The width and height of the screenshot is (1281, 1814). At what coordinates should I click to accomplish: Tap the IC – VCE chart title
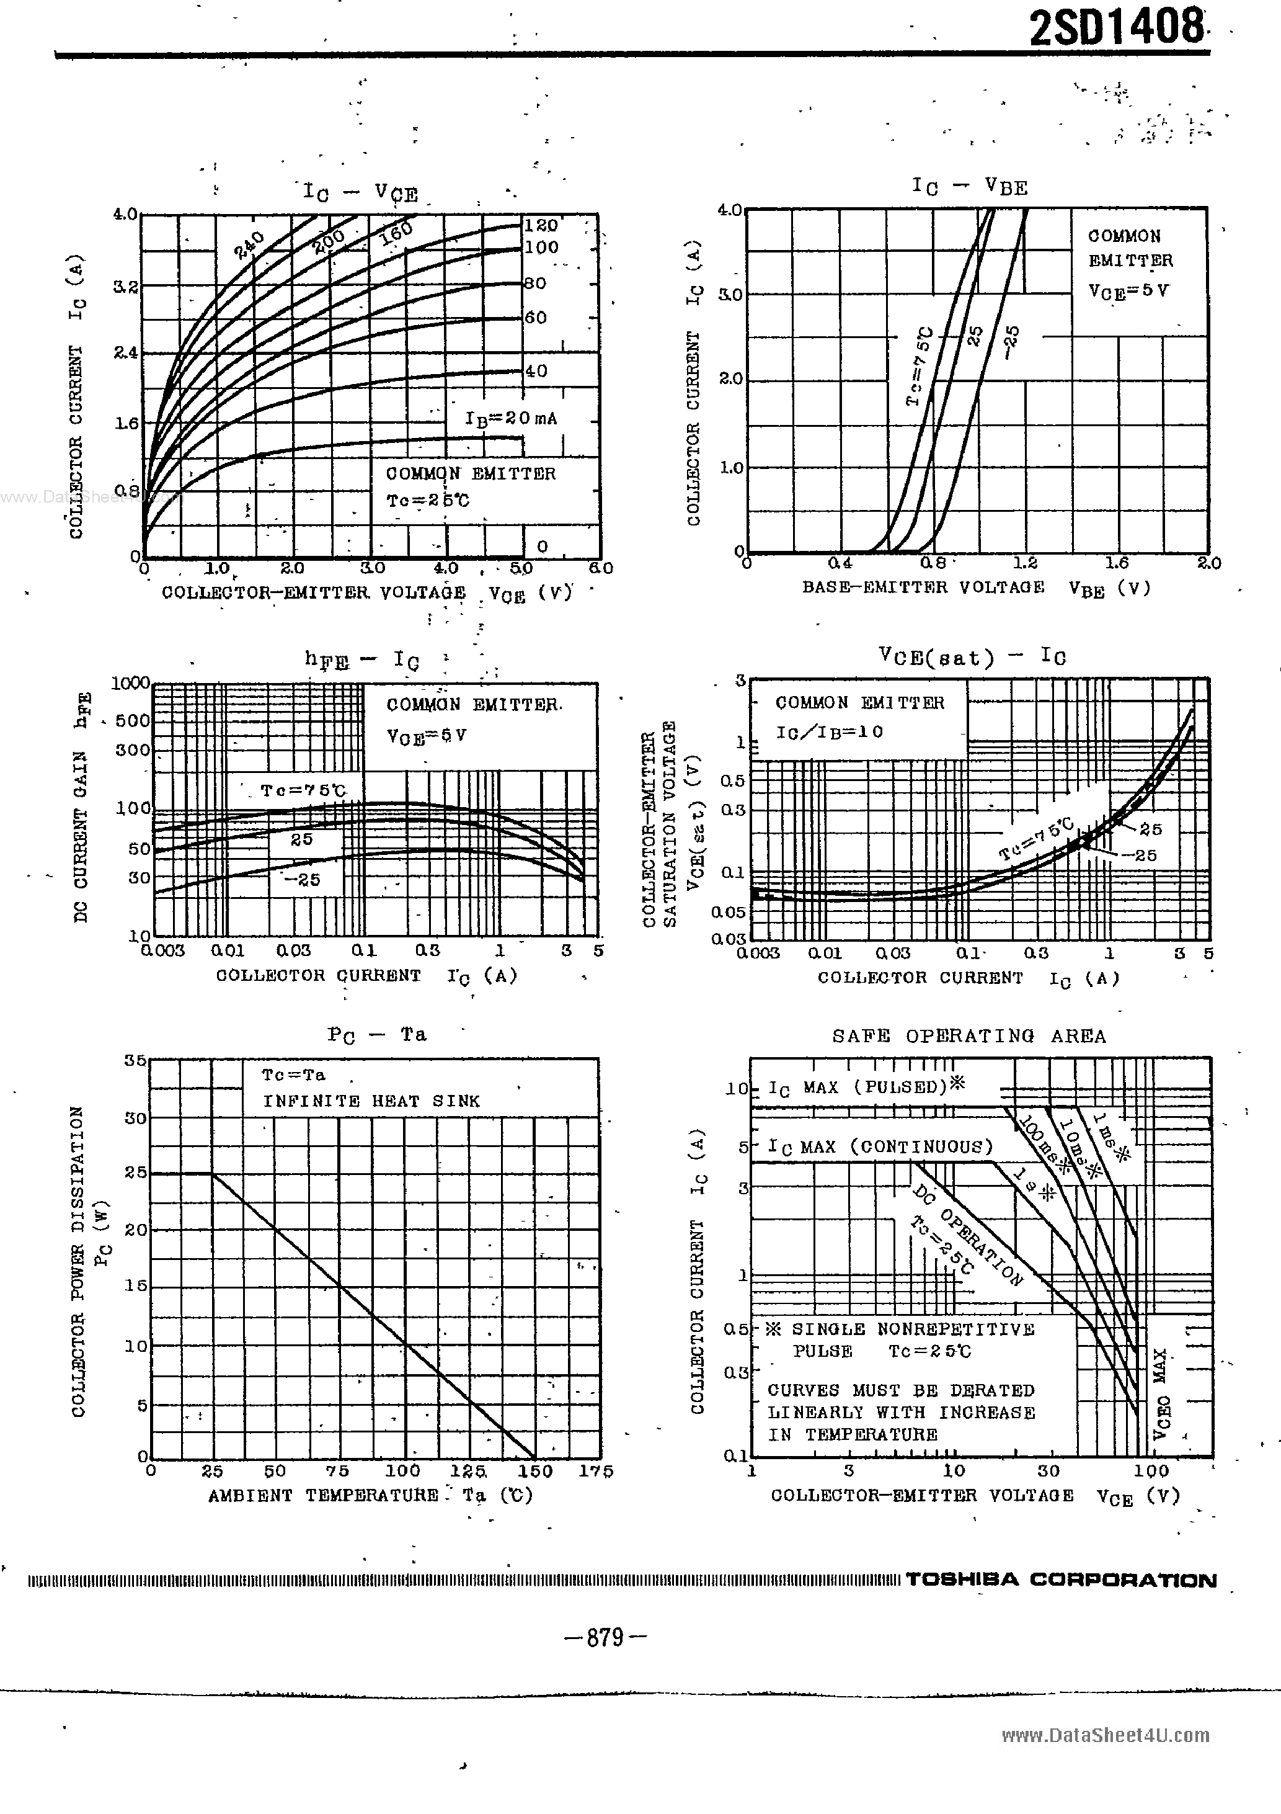360,192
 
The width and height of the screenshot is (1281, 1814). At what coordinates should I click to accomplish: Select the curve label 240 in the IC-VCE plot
250,246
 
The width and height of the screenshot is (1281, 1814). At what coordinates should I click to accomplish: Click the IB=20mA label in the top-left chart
511,418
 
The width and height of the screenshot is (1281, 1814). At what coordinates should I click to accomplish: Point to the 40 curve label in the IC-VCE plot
536,370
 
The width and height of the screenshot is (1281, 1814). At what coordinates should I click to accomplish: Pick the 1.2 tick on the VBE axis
1025,563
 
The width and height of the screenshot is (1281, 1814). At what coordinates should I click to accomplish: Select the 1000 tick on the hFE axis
131,682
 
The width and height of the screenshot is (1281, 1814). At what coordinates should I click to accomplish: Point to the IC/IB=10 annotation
829,731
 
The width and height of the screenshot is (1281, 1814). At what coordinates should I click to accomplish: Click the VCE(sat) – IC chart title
972,656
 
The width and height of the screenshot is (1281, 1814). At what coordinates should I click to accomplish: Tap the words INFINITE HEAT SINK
371,1101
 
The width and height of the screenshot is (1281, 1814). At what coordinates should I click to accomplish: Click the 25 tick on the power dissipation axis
136,1173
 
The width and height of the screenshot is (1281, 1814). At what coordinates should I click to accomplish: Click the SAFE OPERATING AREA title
969,1036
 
